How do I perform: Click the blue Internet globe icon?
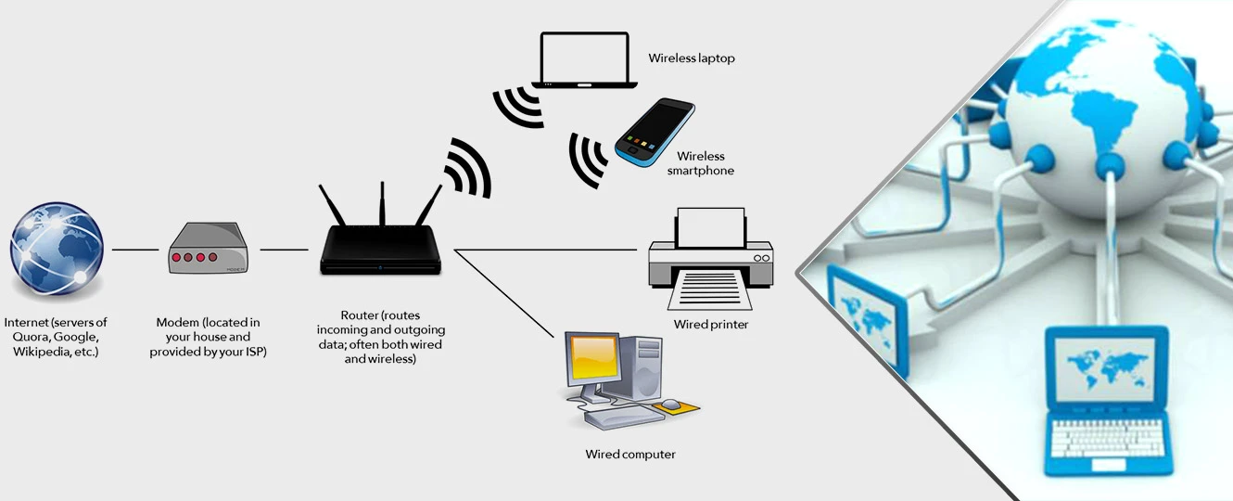point(57,250)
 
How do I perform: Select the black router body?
point(380,250)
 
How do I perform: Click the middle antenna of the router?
point(382,203)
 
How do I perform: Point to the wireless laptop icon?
point(584,60)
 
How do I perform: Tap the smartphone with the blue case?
point(655,133)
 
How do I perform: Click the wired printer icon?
point(711,259)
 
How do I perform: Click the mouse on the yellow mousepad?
point(671,405)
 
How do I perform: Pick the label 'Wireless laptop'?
point(692,58)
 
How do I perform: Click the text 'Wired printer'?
point(711,324)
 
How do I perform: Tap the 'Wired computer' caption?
point(630,455)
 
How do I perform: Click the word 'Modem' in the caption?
point(177,322)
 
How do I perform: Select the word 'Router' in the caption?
point(360,315)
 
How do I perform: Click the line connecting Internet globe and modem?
point(135,250)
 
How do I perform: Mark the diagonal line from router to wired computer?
point(504,293)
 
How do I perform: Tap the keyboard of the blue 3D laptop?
point(1107,438)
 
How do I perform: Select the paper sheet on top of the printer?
point(711,227)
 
